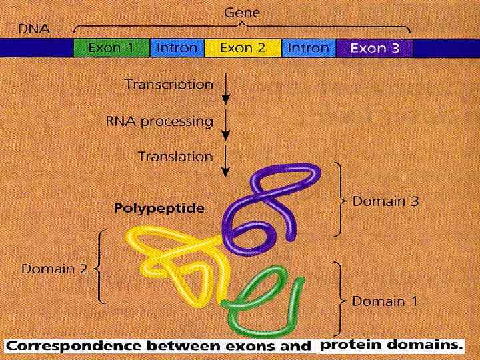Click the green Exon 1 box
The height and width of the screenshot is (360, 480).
tap(111, 48)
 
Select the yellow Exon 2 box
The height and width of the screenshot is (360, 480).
tap(243, 48)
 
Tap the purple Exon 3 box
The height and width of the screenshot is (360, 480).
tap(375, 48)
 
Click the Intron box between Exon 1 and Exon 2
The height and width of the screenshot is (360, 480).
tap(177, 48)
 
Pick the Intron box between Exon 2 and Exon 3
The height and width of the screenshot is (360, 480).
tap(309, 48)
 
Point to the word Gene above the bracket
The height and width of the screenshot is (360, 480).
tap(243, 12)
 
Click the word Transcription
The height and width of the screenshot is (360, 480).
tap(169, 85)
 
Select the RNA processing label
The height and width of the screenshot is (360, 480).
tap(159, 121)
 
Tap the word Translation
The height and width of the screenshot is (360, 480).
tap(175, 157)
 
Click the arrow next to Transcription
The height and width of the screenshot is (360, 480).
tap(227, 89)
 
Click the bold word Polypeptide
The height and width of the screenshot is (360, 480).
tap(159, 208)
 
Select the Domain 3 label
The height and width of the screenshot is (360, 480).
tap(385, 201)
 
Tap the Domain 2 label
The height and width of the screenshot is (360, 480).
tap(55, 269)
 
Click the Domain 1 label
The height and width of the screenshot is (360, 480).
tap(385, 301)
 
